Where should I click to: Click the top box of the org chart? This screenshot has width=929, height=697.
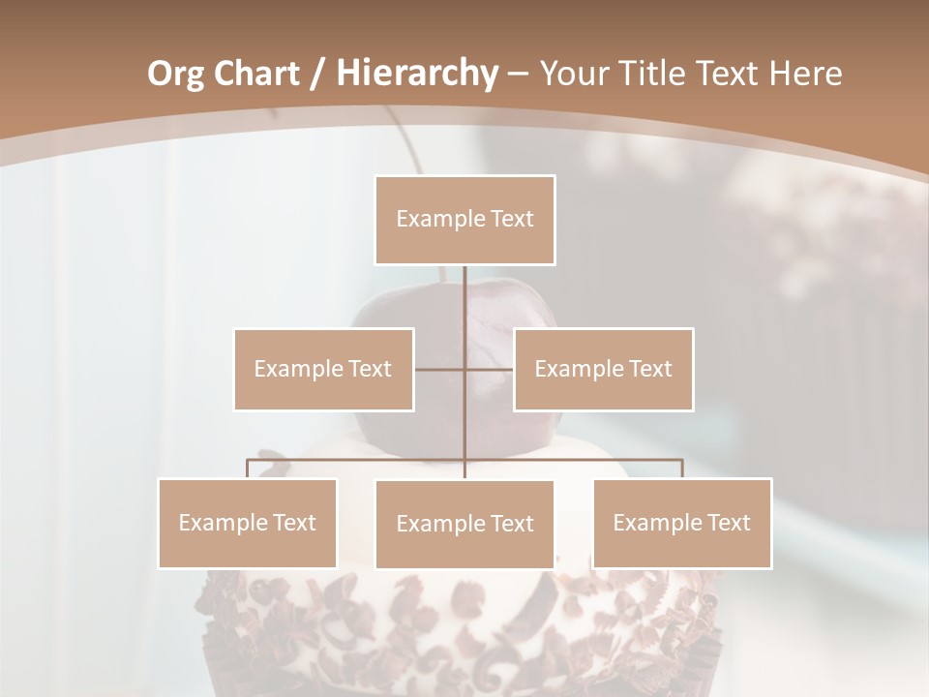(464, 220)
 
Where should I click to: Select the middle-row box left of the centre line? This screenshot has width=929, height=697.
(323, 369)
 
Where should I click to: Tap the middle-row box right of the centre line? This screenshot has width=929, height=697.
(603, 369)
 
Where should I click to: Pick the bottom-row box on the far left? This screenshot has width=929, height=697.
(248, 523)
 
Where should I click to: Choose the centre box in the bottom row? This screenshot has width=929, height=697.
(464, 524)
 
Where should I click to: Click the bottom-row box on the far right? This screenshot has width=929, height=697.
(682, 523)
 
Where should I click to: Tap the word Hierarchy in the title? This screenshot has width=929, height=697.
(416, 74)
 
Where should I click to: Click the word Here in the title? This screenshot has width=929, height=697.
(805, 74)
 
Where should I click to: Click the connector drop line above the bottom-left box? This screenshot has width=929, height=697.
(248, 469)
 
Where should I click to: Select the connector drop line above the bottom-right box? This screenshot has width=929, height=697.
(682, 469)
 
